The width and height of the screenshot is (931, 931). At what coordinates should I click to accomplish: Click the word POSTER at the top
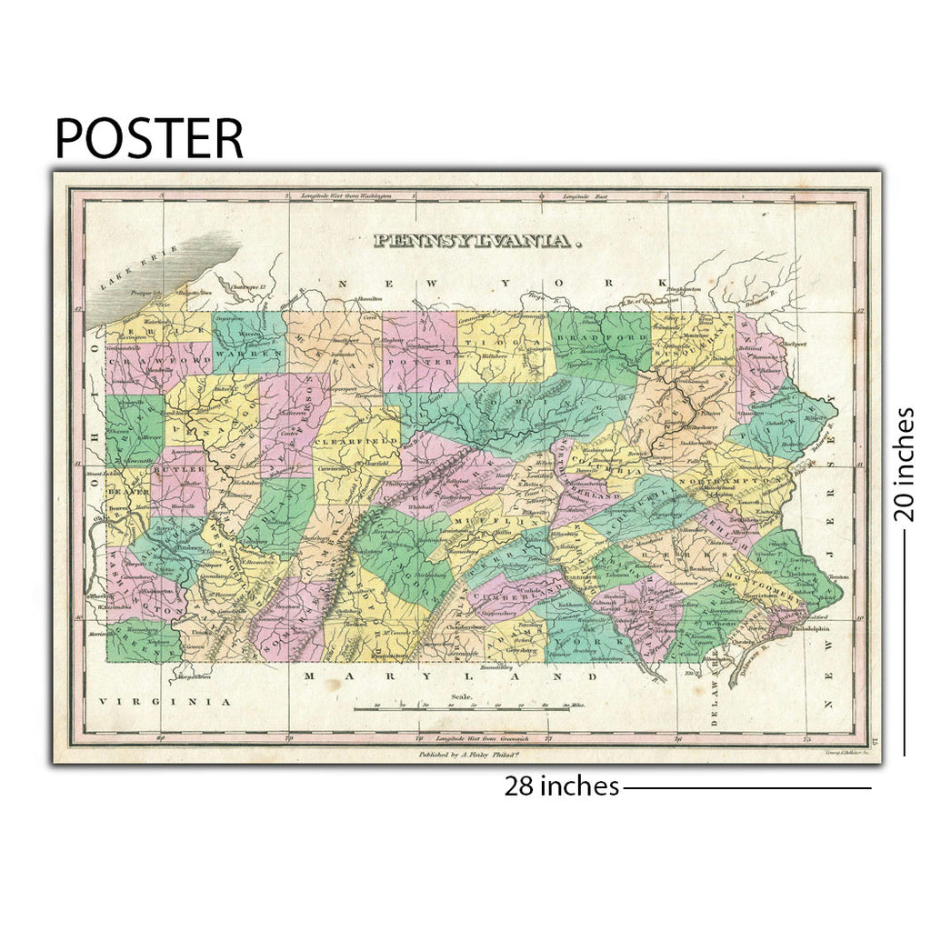click(x=149, y=138)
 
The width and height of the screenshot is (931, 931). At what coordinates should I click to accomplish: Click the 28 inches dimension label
click(x=562, y=786)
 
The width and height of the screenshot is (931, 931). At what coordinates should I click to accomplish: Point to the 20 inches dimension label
click(x=903, y=465)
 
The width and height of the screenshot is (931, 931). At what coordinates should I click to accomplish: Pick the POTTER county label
click(x=420, y=361)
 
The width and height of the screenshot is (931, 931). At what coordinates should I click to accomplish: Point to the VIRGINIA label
click(x=165, y=701)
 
